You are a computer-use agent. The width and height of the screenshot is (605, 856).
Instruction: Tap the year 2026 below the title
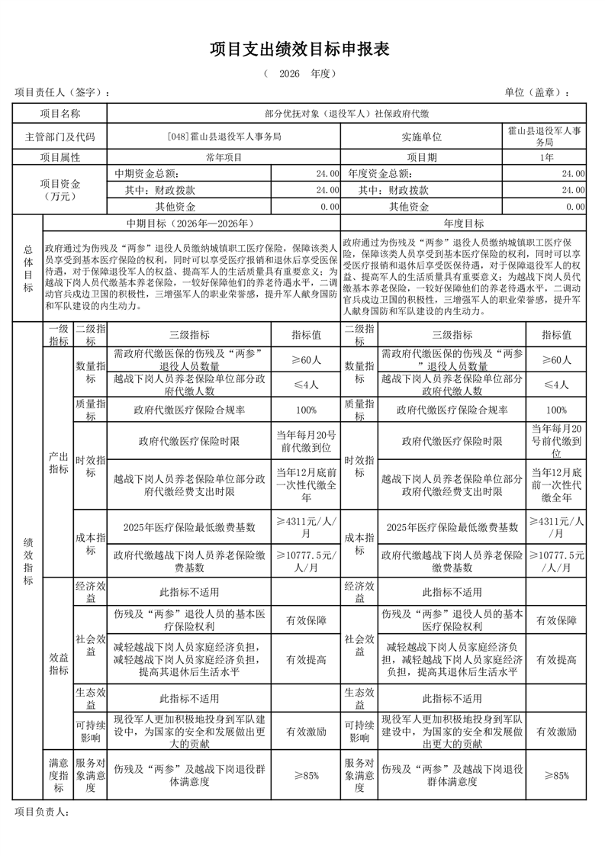click(x=290, y=74)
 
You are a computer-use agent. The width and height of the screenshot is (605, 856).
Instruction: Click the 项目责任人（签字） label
click(x=63, y=92)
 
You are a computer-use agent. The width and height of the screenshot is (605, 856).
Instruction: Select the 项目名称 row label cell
click(x=60, y=114)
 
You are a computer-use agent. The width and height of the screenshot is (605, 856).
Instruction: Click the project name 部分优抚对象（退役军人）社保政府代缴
click(x=346, y=114)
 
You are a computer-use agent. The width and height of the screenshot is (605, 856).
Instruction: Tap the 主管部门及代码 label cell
click(x=60, y=137)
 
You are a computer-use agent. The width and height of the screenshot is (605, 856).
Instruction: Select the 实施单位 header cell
click(x=422, y=137)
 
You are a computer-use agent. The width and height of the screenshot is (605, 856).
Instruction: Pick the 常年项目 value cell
click(x=224, y=157)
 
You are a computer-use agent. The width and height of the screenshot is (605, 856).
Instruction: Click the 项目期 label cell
click(x=422, y=157)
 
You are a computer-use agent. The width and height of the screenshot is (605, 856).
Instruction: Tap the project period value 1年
click(x=545, y=157)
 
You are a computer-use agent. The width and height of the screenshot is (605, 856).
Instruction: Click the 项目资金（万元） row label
click(x=60, y=190)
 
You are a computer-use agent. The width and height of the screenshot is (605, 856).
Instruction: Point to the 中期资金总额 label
click(x=146, y=174)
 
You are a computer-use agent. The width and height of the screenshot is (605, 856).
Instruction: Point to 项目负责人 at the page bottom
click(x=43, y=812)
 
